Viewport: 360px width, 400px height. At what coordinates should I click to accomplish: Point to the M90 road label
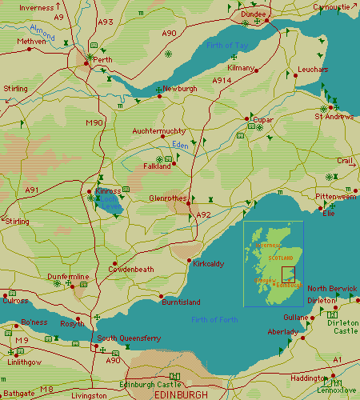94,122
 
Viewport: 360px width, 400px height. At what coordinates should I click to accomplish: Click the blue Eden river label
179,145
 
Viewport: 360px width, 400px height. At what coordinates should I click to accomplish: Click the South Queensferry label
129,338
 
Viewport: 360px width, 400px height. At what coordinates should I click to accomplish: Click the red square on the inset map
288,274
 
